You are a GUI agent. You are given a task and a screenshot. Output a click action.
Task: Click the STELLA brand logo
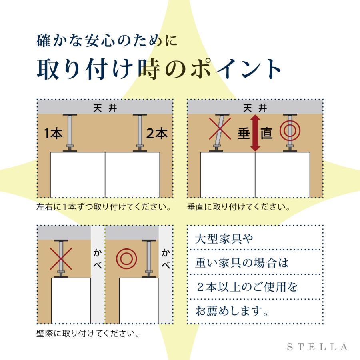pyautogui.click(x=317, y=347)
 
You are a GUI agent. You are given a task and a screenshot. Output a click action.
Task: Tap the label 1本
pyautogui.click(x=53, y=133)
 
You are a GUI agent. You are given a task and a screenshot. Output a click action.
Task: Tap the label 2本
pyautogui.click(x=157, y=133)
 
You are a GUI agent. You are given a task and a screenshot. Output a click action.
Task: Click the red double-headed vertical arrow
pyautogui.click(x=255, y=133)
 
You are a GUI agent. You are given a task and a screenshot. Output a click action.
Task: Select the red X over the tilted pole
pyautogui.click(x=220, y=128)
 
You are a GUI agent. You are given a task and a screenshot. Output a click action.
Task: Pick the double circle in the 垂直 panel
pyautogui.click(x=290, y=131)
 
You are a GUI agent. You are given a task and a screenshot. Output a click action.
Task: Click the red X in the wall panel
pyautogui.click(x=61, y=259)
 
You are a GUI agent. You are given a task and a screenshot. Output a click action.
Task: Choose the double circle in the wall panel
pyautogui.click(x=126, y=259)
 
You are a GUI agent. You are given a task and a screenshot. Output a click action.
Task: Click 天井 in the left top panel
pyautogui.click(x=105, y=108)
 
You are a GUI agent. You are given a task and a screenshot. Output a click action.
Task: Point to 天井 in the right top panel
pyautogui.click(x=255, y=108)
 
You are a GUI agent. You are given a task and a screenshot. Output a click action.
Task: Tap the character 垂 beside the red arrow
pyautogui.click(x=244, y=133)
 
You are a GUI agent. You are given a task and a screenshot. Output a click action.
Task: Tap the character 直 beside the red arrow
pyautogui.click(x=266, y=133)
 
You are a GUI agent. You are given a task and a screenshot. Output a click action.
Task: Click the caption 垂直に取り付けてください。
pyautogui.click(x=238, y=207)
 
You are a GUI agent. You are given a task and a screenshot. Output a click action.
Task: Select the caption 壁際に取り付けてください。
pyautogui.click(x=88, y=333)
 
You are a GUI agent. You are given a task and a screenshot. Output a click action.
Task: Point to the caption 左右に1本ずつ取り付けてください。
pyautogui.click(x=104, y=207)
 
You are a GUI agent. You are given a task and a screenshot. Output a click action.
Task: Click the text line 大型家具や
pyautogui.click(x=224, y=239)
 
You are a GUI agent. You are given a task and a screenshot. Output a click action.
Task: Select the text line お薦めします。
pyautogui.click(x=232, y=311)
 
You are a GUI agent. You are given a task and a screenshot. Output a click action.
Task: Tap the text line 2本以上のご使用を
pyautogui.click(x=247, y=287)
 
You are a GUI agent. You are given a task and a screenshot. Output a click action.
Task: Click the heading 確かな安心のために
pyautogui.click(x=107, y=41)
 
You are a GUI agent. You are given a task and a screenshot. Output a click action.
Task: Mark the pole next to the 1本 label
pyautogui.click(x=70, y=133)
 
